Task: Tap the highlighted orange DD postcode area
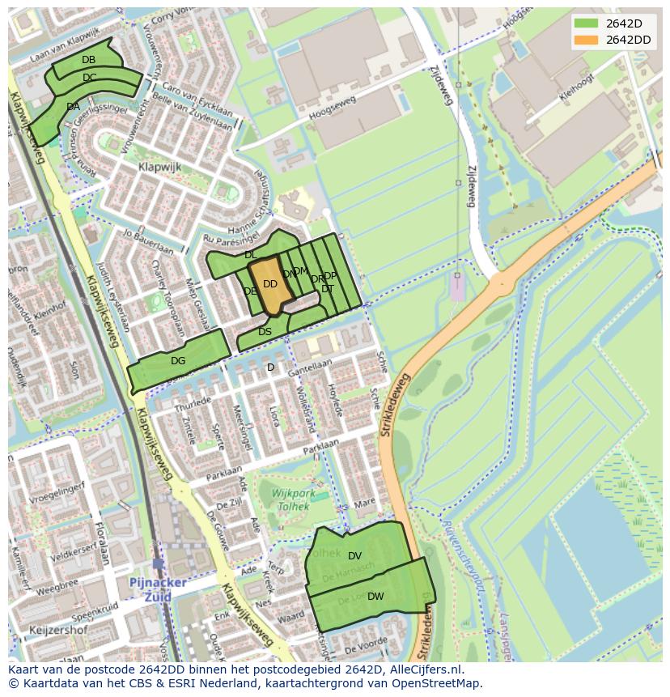(x=270, y=284)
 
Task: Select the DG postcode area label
(x=178, y=361)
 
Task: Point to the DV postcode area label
(x=354, y=556)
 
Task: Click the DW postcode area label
(x=375, y=597)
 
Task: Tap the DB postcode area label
(x=89, y=60)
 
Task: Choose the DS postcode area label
(x=265, y=332)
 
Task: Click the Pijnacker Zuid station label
(x=158, y=589)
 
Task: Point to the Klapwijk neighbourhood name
(x=159, y=168)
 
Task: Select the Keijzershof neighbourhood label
(x=57, y=629)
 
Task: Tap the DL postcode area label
(x=251, y=255)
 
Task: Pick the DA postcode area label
(x=73, y=107)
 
